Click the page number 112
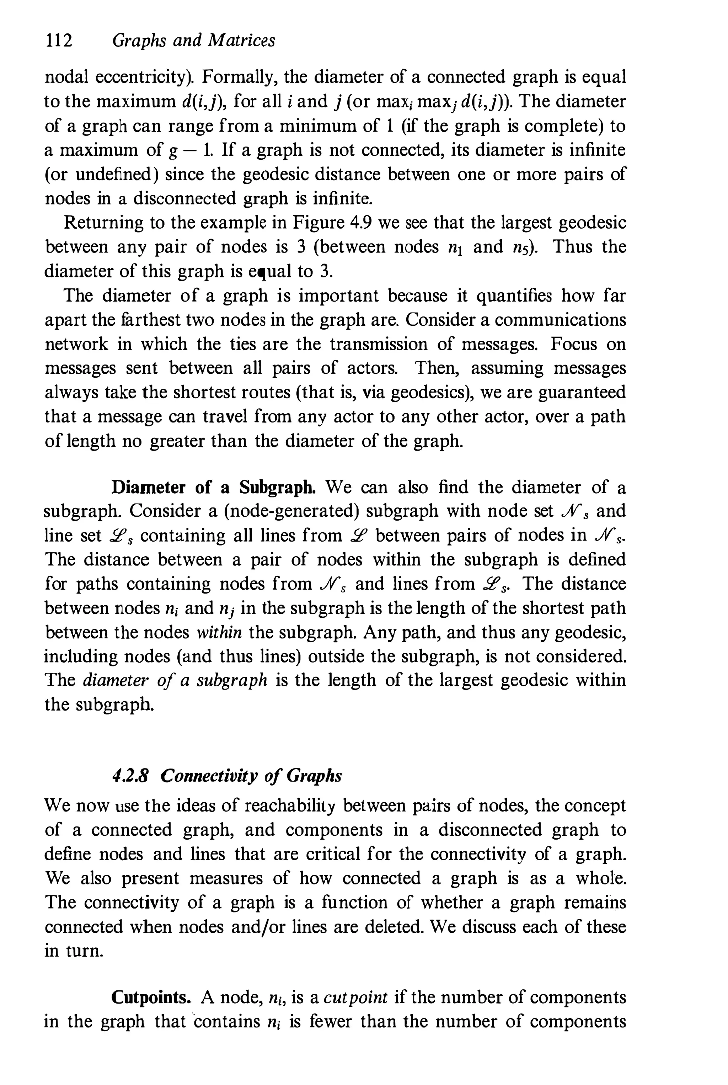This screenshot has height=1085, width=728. (x=59, y=41)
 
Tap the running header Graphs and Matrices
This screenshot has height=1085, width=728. (x=194, y=41)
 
